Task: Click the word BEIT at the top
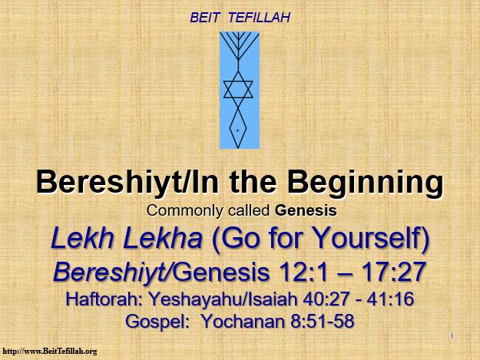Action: [205, 18]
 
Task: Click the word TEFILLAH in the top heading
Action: [259, 18]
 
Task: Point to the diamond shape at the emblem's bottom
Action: [238, 129]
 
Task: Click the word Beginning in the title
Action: [366, 182]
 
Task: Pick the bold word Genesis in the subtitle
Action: [306, 210]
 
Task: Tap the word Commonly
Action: [185, 211]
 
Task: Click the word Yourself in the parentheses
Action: [368, 238]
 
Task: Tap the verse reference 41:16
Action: [390, 299]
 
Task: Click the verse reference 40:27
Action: [326, 299]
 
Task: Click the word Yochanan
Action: [243, 321]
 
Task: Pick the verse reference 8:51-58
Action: [322, 321]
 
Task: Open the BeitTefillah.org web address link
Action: [50, 351]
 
